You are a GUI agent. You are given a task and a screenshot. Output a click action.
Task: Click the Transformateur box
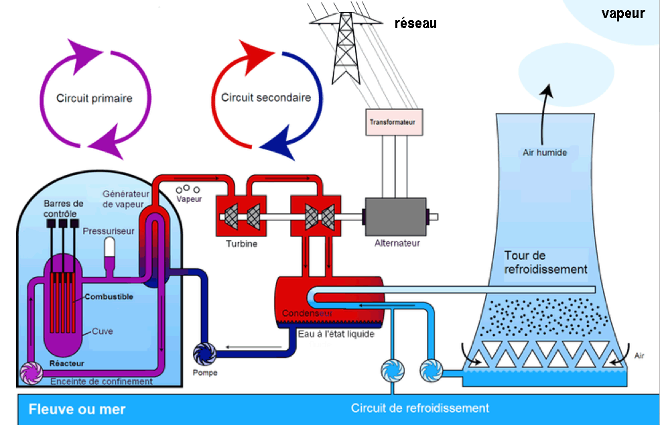tap(393, 123)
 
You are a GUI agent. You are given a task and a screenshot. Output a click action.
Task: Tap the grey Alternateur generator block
tap(397, 216)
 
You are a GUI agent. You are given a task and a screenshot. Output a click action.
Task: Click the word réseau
tap(415, 23)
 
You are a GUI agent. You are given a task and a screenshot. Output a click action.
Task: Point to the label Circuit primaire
tap(94, 98)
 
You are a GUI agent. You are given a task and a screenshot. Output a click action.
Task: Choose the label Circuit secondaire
tap(266, 97)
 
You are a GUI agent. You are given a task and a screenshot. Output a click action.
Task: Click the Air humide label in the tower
tap(545, 152)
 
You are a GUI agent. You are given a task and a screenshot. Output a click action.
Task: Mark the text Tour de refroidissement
tap(545, 262)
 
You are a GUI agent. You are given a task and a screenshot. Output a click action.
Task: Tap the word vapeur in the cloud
tap(622, 13)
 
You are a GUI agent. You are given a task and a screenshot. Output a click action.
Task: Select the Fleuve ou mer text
tap(77, 409)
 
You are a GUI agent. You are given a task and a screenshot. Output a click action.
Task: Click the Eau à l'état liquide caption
tap(336, 334)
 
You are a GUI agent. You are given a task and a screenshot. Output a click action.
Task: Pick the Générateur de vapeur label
tap(122, 198)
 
